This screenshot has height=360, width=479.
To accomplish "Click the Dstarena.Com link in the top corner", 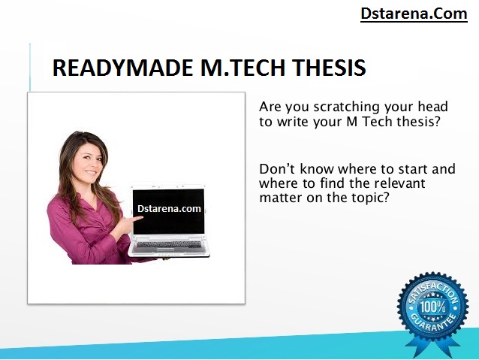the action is point(414,14).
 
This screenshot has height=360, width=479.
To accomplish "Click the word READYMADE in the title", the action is point(123,68).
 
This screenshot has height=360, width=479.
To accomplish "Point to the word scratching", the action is point(347,107).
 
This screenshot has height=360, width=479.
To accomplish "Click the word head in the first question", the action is point(433,107).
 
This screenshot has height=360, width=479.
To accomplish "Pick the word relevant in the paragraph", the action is point(399,183).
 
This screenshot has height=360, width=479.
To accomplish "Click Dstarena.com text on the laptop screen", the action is point(169,209).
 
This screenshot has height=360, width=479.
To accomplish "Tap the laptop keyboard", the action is point(169,245).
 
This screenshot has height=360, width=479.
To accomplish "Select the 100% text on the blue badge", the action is point(432,307).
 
